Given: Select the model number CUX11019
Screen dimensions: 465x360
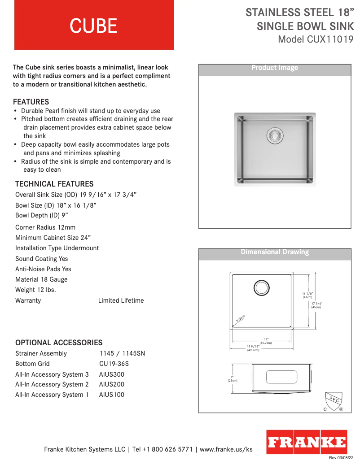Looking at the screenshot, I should point(330,39).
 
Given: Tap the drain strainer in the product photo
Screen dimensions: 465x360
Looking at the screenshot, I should point(275,135).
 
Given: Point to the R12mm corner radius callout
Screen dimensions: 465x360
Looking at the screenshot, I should point(241,318).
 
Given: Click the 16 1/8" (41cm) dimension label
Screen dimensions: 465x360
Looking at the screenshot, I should point(307,295).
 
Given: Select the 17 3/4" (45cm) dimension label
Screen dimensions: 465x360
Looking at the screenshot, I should point(316,305).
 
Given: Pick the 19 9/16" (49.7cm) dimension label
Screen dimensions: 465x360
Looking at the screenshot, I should point(253,348).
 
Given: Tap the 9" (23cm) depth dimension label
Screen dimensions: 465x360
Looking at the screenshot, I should point(232,378).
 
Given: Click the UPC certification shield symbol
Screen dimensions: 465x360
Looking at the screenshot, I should point(334,401).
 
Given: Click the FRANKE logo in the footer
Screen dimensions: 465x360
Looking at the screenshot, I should point(307,443).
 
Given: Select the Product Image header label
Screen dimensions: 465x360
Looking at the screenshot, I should point(275,68).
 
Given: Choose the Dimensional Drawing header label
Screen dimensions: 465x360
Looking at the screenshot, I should point(275,252).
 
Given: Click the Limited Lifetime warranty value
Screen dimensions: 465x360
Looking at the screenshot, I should point(121,300).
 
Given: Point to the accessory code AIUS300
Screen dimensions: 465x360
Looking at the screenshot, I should point(112,374).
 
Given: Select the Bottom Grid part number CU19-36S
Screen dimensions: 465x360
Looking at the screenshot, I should point(114,364).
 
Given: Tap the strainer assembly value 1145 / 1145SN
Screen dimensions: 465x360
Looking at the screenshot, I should point(122,353).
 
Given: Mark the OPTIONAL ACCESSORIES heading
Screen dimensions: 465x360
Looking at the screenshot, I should point(59,343).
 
